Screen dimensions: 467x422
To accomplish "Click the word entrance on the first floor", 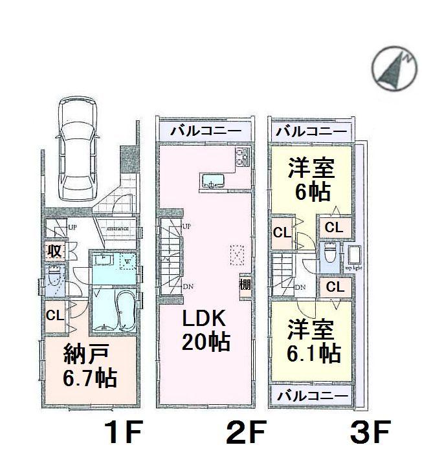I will coord(118,228).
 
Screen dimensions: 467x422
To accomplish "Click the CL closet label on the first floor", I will coord(54,316).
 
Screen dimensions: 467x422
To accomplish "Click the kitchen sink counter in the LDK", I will coord(212,180).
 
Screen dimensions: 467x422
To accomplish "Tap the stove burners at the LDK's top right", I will coord(243,156).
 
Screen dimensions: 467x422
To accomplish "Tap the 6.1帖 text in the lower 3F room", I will coord(314,353).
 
